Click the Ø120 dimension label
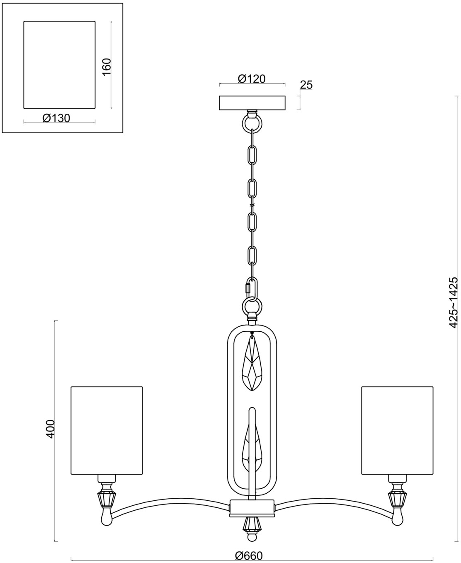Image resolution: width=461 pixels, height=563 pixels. (x=252, y=78)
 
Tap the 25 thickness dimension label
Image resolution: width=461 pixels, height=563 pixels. (x=306, y=85)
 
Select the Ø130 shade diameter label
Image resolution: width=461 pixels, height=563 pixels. (x=56, y=118)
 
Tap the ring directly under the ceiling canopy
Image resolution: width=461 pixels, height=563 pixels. (x=252, y=122)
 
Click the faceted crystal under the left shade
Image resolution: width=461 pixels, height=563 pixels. (x=106, y=500)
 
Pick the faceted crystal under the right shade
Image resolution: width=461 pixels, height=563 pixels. (x=397, y=500)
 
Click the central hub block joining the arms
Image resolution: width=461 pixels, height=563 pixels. (x=252, y=508)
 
